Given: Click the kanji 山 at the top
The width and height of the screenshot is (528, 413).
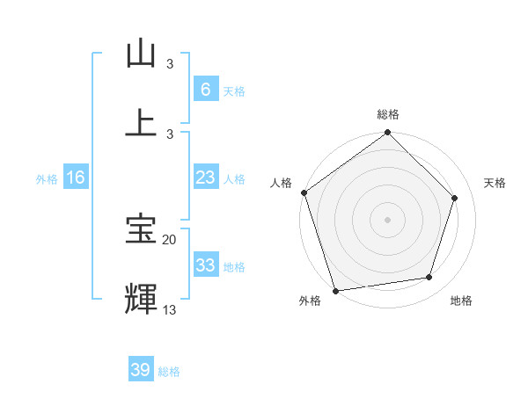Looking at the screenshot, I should tap(141, 54).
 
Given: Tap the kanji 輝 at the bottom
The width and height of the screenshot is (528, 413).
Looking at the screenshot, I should tap(141, 298).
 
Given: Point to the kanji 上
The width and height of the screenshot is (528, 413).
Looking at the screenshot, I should tap(141, 123).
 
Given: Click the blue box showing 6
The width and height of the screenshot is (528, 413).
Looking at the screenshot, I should tap(205, 89).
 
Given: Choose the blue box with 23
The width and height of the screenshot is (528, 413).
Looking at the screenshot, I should tap(205, 178).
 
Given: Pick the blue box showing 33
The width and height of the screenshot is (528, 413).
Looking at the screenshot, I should tap(205, 265).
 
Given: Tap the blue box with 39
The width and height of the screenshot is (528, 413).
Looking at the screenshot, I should tap(141, 370).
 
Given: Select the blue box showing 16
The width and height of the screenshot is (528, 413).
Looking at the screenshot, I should tap(76, 178).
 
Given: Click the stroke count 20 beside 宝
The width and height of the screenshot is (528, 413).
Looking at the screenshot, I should tap(169, 239).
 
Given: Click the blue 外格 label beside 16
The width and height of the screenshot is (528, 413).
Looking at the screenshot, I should tap(47, 178).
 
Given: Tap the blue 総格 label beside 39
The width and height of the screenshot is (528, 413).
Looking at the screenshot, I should tap(169, 372).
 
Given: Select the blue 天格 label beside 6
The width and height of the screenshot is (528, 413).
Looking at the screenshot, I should tap(233, 91).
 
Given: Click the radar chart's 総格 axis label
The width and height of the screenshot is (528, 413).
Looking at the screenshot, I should tap(388, 115).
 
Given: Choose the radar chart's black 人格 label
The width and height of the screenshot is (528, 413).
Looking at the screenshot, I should tap(282, 183).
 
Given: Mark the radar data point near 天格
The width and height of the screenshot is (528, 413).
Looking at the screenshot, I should tap(455, 198).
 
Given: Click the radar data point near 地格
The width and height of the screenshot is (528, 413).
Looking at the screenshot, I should tap(429, 278).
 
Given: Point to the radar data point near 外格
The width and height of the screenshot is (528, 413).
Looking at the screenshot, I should tap(335, 290).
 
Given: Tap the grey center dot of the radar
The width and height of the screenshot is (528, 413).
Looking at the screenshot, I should tap(387, 219).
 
